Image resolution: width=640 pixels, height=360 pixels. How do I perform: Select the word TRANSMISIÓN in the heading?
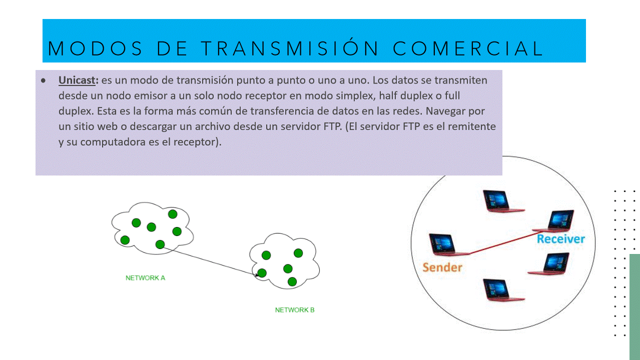point(290,48)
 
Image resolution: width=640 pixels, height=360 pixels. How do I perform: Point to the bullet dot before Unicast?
point(44,80)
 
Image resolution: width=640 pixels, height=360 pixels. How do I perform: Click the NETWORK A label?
point(145,278)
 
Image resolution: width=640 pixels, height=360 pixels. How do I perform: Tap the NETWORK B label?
point(295,310)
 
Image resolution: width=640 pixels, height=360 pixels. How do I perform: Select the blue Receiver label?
point(560,239)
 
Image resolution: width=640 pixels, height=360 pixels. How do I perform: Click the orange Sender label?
point(442,267)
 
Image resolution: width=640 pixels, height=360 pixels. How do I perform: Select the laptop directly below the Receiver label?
point(549,264)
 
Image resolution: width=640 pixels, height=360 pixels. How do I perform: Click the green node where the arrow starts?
point(160,244)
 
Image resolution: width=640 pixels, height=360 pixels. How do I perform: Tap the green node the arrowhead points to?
point(262,273)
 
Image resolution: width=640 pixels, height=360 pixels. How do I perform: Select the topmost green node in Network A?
point(173,214)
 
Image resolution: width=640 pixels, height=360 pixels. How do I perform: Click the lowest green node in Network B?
point(292,281)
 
